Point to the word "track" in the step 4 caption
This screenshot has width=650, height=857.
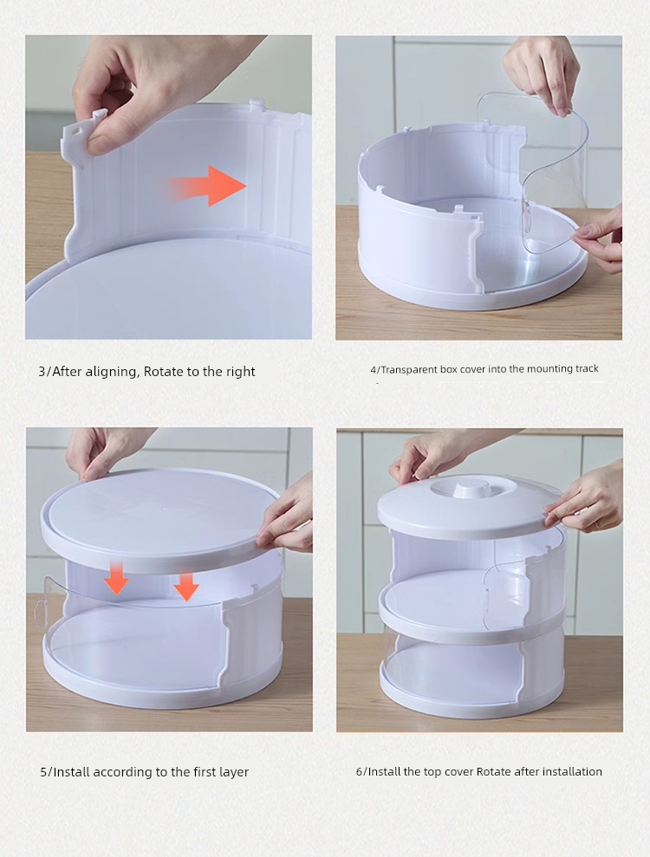(x=586, y=369)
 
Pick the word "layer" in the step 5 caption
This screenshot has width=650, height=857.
(x=234, y=772)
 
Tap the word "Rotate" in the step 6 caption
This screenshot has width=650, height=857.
(x=494, y=772)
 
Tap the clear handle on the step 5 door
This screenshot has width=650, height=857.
(x=40, y=612)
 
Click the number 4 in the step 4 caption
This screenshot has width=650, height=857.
(x=374, y=370)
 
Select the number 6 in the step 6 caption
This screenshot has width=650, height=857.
(x=359, y=772)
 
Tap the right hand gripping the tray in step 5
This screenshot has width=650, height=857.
(x=286, y=519)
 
